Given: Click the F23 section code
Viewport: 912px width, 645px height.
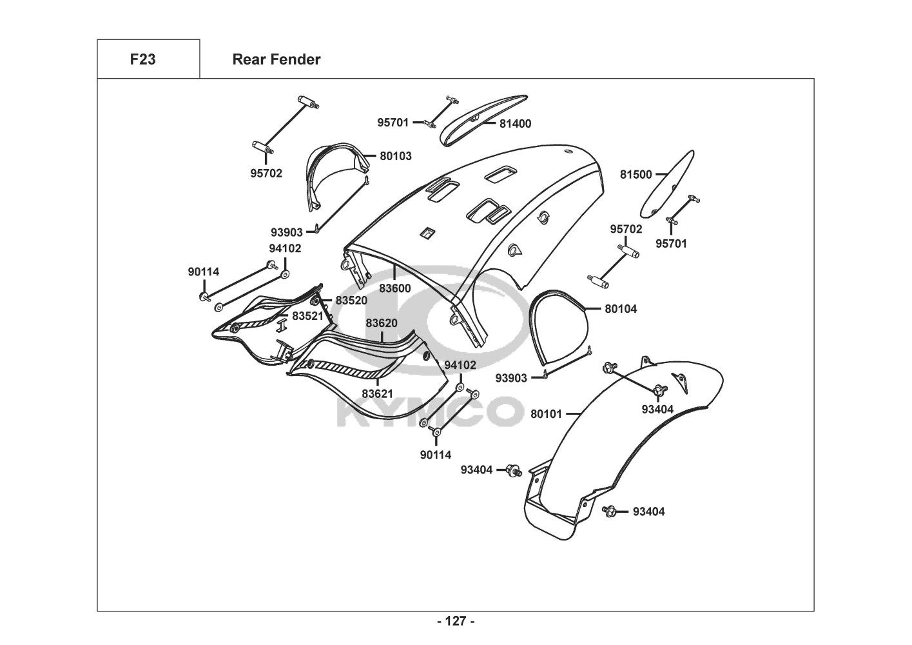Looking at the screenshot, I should pos(142,59).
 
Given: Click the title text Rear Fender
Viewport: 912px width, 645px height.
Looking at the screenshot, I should pos(276,59).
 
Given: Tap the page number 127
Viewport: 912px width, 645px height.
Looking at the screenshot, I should pos(456,621).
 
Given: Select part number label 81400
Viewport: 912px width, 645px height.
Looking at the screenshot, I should pos(515,123).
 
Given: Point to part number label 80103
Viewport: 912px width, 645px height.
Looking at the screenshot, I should pos(395,155).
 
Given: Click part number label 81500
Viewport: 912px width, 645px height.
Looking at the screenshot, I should pos(635,174).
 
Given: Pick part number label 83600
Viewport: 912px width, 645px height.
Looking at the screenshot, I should pos(394,288).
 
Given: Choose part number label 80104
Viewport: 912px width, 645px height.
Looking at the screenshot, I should pos(620,309).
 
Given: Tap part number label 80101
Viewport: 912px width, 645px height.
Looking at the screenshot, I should pos(546,413).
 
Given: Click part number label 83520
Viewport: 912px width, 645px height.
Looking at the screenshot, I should pos(351,301).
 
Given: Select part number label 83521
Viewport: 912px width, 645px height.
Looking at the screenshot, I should pos(307,316).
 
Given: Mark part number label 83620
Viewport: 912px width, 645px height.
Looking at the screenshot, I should pos(382,323).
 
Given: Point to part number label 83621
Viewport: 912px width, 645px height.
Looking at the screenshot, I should pos(377,393).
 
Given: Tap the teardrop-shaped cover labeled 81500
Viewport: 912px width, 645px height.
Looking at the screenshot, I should pos(667,184).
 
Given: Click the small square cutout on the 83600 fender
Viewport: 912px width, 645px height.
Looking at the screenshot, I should pos(426,232).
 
